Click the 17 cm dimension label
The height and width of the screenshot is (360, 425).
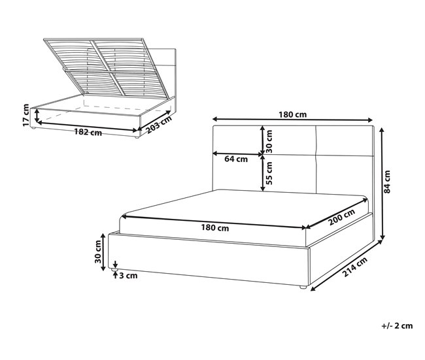coord(25,116)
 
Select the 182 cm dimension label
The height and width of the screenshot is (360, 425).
coord(88,133)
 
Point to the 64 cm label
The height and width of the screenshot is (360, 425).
coord(235,159)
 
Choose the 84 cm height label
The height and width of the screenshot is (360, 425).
coord(387,182)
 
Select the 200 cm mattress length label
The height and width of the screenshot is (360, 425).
coord(341,216)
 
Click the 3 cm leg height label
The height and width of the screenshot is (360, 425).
coord(129,276)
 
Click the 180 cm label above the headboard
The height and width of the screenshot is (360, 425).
coord(293,114)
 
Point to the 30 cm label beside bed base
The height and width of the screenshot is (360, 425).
coord(98,252)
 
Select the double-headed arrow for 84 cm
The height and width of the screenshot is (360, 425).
coord(381,183)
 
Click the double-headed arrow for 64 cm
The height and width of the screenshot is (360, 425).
coord(237,154)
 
